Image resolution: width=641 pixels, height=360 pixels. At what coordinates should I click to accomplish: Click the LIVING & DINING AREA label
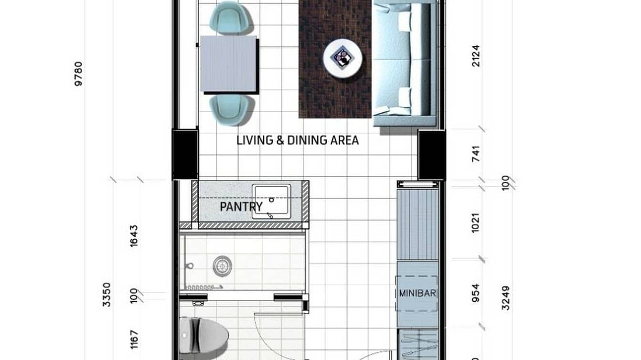tap(298, 140)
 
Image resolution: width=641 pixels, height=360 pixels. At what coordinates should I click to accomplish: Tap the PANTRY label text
tap(241, 207)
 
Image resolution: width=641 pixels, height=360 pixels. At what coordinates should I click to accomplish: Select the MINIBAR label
tap(417, 293)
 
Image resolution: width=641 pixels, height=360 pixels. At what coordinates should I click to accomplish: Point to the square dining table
tap(228, 64)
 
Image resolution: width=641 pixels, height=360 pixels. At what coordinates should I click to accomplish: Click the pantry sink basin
tap(271, 201)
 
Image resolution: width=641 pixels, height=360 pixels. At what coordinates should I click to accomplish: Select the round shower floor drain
tap(222, 266)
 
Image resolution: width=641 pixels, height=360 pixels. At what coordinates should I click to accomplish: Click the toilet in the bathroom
tap(203, 333)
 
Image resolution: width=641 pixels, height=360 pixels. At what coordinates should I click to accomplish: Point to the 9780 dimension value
tap(78, 74)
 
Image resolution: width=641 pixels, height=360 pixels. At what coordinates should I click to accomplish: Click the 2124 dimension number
tap(476, 55)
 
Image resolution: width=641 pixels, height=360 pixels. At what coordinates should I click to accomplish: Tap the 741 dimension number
tap(476, 154)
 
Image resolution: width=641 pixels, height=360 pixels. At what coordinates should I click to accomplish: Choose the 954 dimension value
tap(475, 293)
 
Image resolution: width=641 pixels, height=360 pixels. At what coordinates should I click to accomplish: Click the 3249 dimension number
tap(506, 298)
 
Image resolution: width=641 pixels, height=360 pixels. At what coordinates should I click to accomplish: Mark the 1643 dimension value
tap(134, 235)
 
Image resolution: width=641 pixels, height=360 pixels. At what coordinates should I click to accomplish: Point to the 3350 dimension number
tap(106, 295)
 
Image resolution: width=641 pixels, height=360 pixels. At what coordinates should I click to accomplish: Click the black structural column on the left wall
tap(185, 154)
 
